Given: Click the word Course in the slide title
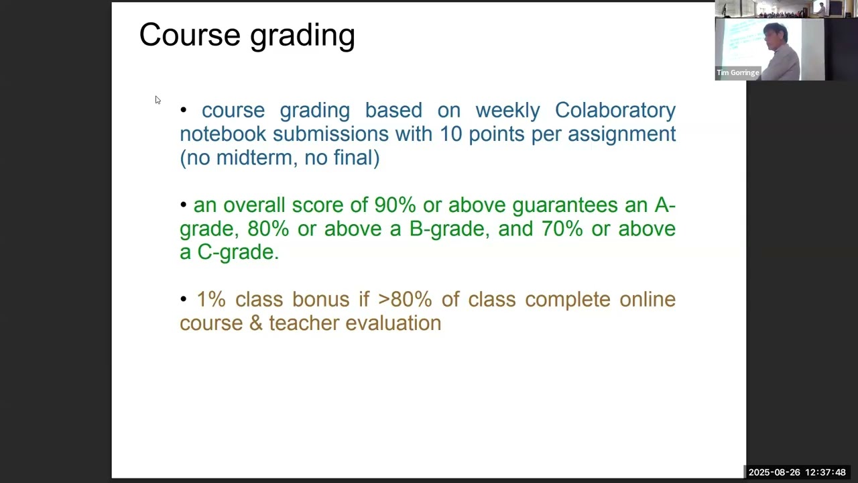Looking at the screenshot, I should tap(190, 35).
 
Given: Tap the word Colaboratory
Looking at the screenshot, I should tap(615, 110).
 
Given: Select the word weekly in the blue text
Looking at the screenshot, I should tap(507, 110).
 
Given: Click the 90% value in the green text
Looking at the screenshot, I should tap(395, 205).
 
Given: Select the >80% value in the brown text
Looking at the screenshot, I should tap(405, 299).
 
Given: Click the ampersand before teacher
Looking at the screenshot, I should tap(255, 323).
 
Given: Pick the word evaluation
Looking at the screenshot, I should tap(393, 323).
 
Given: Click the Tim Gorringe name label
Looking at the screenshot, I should tap(737, 72).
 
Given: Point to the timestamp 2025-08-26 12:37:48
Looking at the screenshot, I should tap(797, 473).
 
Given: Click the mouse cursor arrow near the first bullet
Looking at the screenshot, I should tap(158, 100).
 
